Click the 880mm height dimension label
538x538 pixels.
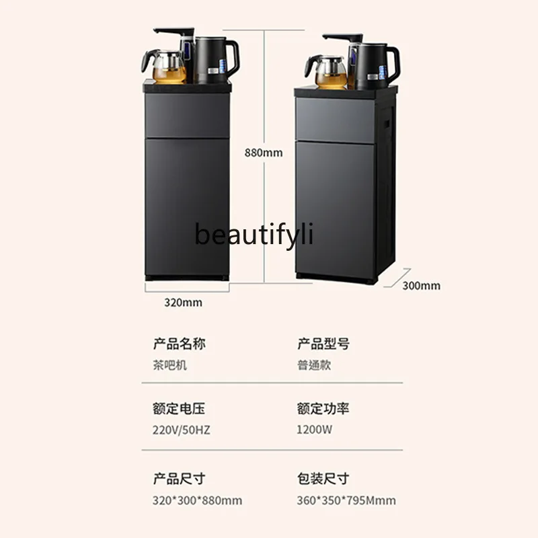pyautogui.click(x=264, y=153)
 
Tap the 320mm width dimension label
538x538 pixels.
pyautogui.click(x=183, y=303)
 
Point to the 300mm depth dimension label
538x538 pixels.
pyautogui.click(x=422, y=285)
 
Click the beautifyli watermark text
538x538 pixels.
pyautogui.click(x=254, y=235)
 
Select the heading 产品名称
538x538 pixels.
pyautogui.click(x=179, y=344)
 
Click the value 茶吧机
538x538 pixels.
pyautogui.click(x=170, y=365)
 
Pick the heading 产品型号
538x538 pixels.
pyautogui.click(x=323, y=344)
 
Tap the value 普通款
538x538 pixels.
pyautogui.click(x=314, y=365)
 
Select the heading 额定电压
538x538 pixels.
pyautogui.click(x=179, y=409)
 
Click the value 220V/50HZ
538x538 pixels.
pyautogui.click(x=181, y=430)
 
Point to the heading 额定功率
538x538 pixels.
pyautogui.click(x=323, y=409)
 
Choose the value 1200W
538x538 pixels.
pyautogui.click(x=314, y=430)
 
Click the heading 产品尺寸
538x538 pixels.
pyautogui.click(x=179, y=479)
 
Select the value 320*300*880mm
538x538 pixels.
pyautogui.click(x=197, y=500)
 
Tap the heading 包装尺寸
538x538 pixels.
pyautogui.click(x=323, y=479)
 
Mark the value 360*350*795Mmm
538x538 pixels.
pyautogui.click(x=346, y=500)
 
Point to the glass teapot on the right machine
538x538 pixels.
pyautogui.click(x=328, y=71)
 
